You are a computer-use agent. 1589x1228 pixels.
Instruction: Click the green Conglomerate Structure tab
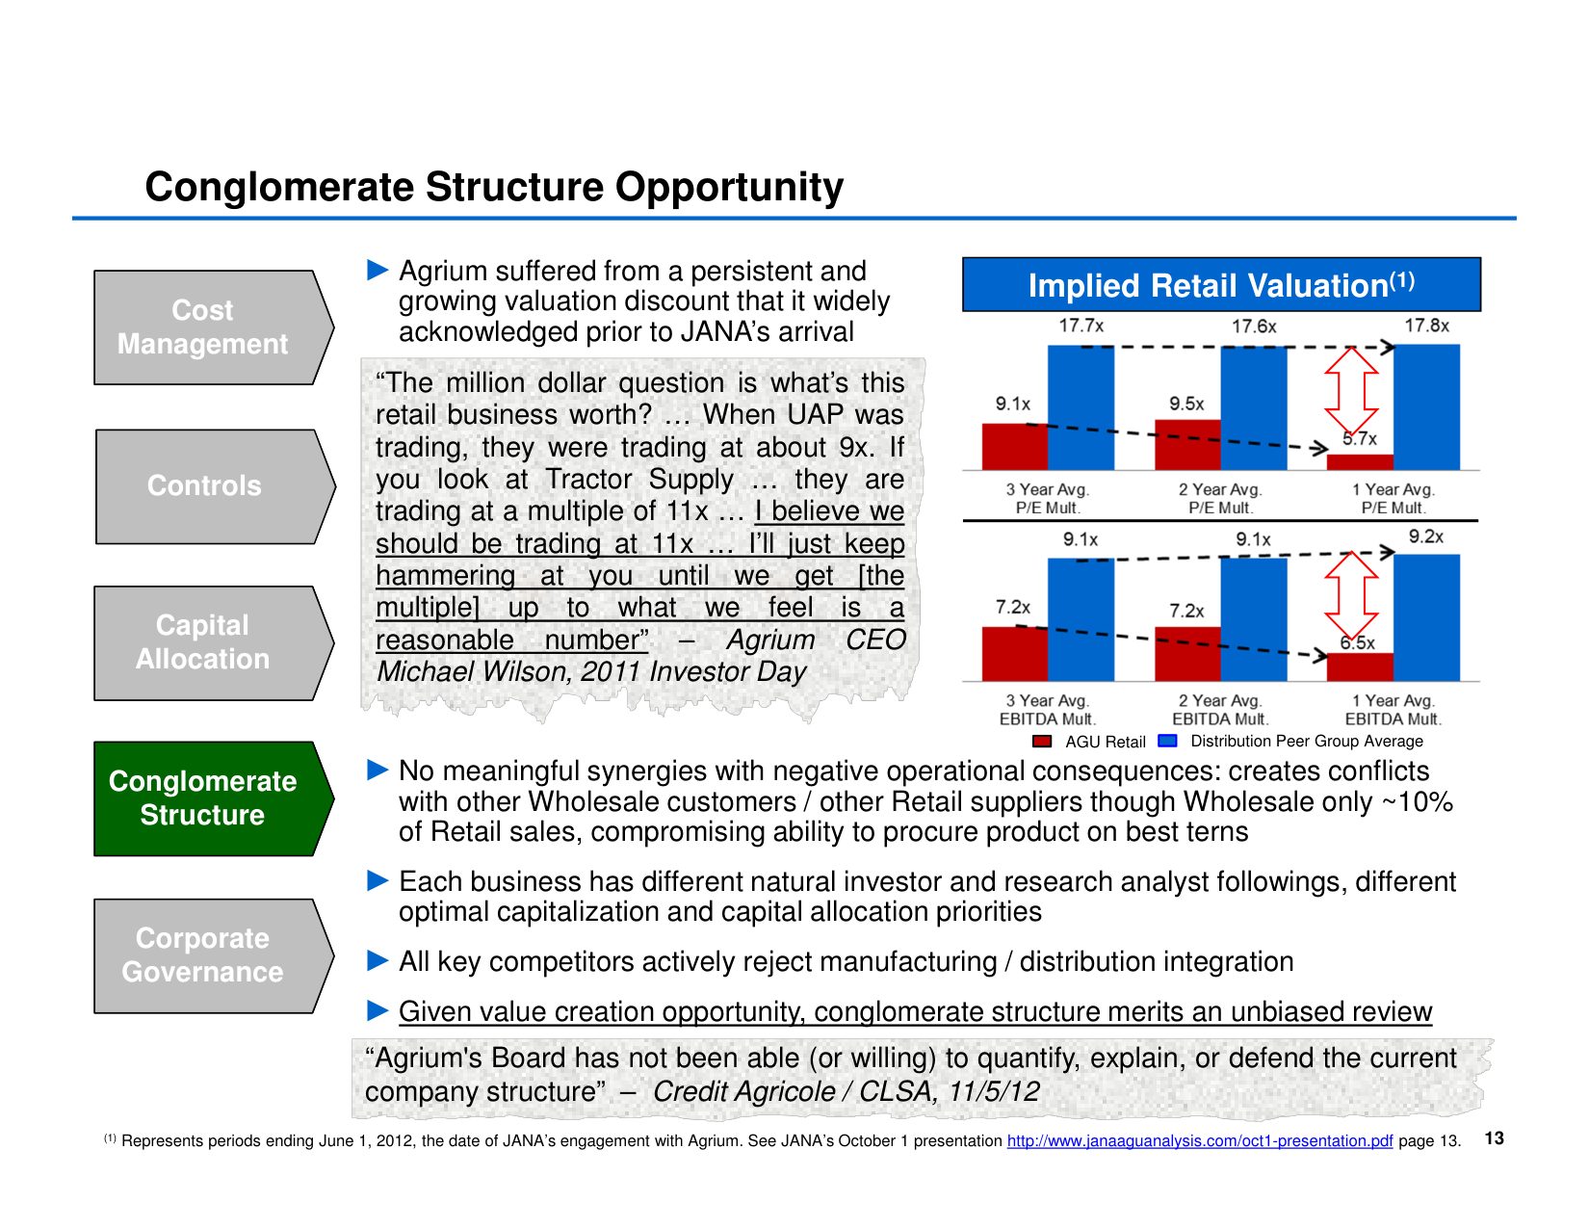point(203,798)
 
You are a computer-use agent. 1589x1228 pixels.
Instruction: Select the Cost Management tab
point(203,327)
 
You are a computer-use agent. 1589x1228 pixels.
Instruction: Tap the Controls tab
point(204,485)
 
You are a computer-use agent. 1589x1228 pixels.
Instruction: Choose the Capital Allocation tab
point(203,642)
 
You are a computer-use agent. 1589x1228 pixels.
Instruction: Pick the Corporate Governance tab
point(203,955)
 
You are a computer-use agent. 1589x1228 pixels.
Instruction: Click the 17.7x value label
point(1081,326)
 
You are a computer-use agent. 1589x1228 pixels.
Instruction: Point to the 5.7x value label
point(1359,439)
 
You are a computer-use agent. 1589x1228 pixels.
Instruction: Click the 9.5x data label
point(1186,404)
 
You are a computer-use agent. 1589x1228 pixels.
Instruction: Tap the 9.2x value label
point(1425,536)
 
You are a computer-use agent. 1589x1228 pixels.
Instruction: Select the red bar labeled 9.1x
point(1014,447)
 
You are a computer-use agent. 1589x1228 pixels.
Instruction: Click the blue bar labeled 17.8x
point(1426,406)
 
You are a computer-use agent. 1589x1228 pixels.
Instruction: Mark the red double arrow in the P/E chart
point(1351,390)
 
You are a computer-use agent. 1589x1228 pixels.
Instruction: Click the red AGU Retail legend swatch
point(1041,742)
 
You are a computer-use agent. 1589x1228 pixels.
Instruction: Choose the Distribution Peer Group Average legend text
point(1306,742)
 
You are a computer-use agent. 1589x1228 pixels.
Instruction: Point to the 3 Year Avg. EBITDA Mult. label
point(1047,710)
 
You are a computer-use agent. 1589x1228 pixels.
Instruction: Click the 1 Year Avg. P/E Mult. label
point(1393,499)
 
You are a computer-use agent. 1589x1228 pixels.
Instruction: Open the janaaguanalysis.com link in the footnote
point(1199,1141)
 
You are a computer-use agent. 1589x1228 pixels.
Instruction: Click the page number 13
point(1494,1138)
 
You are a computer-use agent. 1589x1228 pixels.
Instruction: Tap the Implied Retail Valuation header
point(1221,285)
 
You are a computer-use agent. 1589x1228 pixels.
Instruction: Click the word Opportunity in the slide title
point(729,187)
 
